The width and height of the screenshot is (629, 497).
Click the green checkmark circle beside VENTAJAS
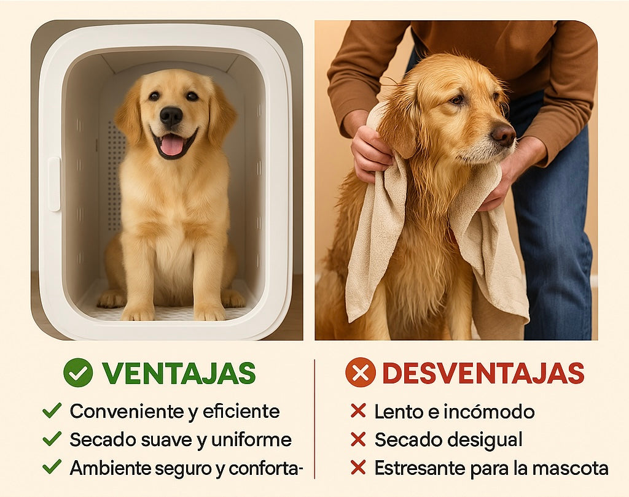[x=78, y=373]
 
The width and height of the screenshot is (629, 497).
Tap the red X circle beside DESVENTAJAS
[x=361, y=372]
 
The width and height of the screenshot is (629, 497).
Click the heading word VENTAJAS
[x=179, y=373]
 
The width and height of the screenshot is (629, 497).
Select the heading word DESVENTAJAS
[x=483, y=373]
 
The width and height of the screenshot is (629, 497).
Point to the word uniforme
[x=251, y=440]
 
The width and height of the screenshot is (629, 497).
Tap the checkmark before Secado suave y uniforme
[x=52, y=439]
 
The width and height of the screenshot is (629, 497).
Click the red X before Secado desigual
[x=358, y=439]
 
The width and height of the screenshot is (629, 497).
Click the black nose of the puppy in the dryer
[x=171, y=117]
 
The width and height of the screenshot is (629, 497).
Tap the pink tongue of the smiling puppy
[x=171, y=144]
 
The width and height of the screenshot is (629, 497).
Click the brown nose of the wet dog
[x=504, y=134]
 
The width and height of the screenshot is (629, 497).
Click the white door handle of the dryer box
[x=54, y=184]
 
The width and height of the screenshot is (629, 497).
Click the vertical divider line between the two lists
[x=314, y=419]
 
